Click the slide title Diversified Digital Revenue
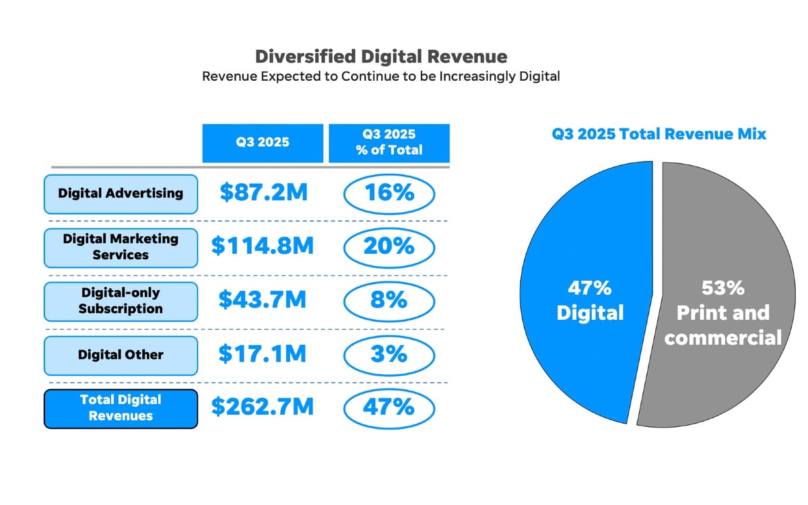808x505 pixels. pyautogui.click(x=381, y=56)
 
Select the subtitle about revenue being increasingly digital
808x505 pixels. pyautogui.click(x=381, y=76)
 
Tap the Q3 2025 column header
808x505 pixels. pyautogui.click(x=263, y=143)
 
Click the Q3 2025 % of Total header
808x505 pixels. pyautogui.click(x=389, y=143)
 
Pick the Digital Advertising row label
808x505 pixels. pyautogui.click(x=121, y=193)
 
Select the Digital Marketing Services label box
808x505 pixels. pyautogui.click(x=121, y=247)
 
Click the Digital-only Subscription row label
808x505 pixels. pyautogui.click(x=121, y=301)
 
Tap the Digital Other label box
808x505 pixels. pyautogui.click(x=121, y=355)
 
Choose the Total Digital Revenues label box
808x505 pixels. pyautogui.click(x=121, y=408)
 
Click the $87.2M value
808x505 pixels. pyautogui.click(x=263, y=193)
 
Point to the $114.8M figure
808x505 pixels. pyautogui.click(x=263, y=246)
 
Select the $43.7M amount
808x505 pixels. pyautogui.click(x=263, y=300)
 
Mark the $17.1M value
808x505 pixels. pyautogui.click(x=263, y=354)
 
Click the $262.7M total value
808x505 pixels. pyautogui.click(x=263, y=407)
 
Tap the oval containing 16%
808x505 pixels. pyautogui.click(x=389, y=193)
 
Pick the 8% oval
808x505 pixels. pyautogui.click(x=389, y=300)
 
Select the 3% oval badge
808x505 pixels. pyautogui.click(x=389, y=354)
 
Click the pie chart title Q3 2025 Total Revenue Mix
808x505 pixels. pyautogui.click(x=659, y=134)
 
